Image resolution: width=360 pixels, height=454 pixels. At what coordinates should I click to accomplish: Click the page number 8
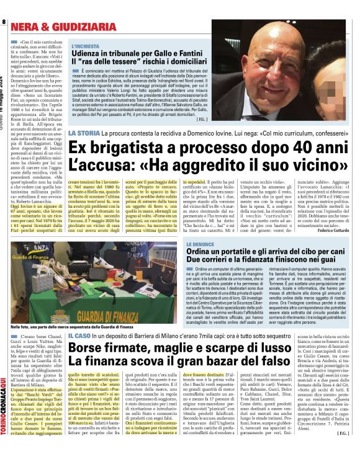pyautogui.click(x=4, y=22)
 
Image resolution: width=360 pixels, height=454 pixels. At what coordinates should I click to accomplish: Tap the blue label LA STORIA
pyautogui.click(x=83, y=135)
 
